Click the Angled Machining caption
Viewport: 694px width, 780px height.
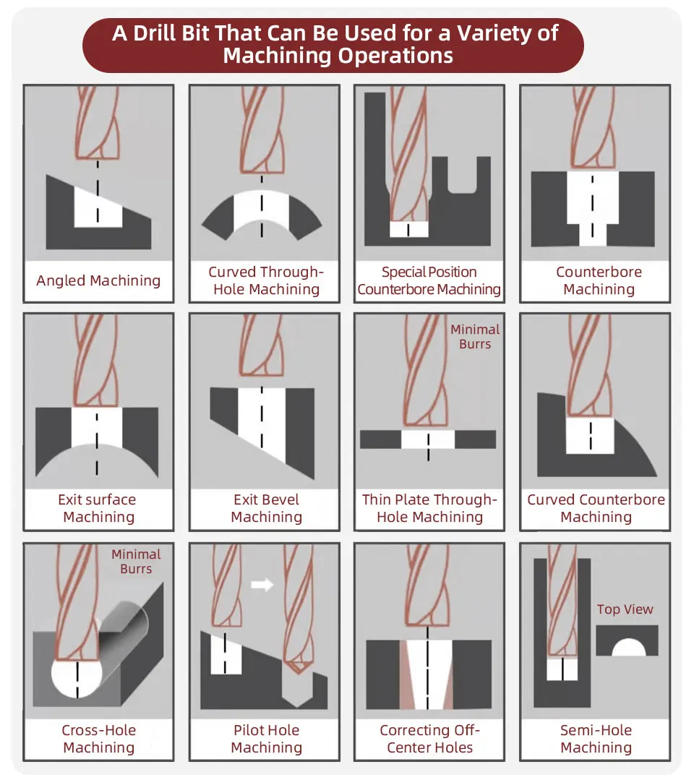click(x=98, y=280)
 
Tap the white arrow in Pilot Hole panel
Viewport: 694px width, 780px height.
click(x=262, y=584)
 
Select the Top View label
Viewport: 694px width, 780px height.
click(x=625, y=609)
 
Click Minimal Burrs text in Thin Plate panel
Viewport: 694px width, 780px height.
click(x=475, y=337)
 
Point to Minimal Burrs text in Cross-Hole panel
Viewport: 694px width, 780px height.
click(x=136, y=562)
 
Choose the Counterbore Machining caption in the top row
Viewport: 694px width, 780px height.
click(x=599, y=280)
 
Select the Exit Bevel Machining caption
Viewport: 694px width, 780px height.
click(x=266, y=508)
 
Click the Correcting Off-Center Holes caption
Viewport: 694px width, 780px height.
click(x=429, y=738)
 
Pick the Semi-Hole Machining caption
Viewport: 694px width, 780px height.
click(x=596, y=738)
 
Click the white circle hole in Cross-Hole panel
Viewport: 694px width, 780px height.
click(x=75, y=678)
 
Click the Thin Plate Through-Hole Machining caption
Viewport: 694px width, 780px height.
click(x=429, y=508)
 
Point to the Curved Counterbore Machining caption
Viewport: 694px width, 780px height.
click(x=596, y=508)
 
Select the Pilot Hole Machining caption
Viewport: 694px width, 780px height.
click(x=266, y=738)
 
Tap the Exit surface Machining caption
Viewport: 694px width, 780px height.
click(x=98, y=508)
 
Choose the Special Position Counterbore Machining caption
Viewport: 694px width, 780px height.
click(x=429, y=280)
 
